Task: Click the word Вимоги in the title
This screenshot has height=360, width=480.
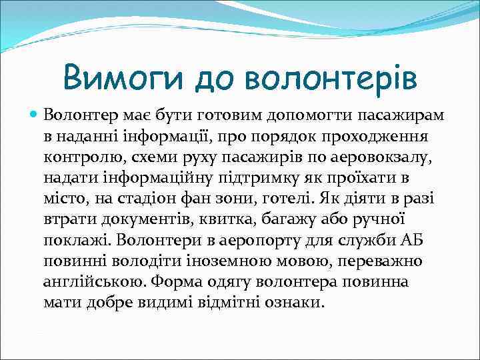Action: tap(122, 79)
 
